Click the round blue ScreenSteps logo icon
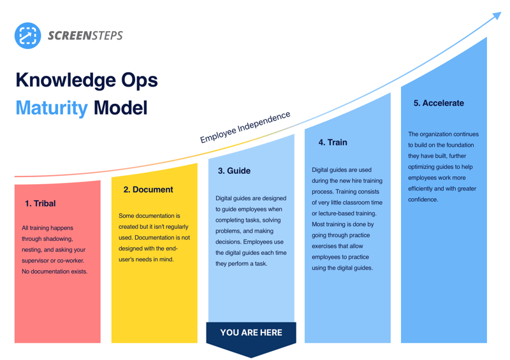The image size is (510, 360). [x=27, y=36]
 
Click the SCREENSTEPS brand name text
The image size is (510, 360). [x=85, y=36]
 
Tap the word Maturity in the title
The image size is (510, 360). [x=52, y=108]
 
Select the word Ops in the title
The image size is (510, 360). [x=139, y=81]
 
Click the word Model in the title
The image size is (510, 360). [x=120, y=108]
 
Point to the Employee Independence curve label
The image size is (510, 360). [x=245, y=127]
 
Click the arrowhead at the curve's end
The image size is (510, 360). [x=497, y=15]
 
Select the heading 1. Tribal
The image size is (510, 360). [x=40, y=204]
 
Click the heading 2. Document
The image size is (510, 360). [x=149, y=190]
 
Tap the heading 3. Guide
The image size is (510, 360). [x=234, y=171]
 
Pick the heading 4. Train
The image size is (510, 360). [x=333, y=143]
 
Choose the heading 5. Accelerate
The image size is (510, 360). [x=439, y=103]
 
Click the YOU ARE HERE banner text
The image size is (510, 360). [x=251, y=333]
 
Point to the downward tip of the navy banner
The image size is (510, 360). [x=251, y=357]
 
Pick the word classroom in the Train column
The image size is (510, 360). [x=356, y=203]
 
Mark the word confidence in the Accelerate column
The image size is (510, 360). [x=423, y=199]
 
